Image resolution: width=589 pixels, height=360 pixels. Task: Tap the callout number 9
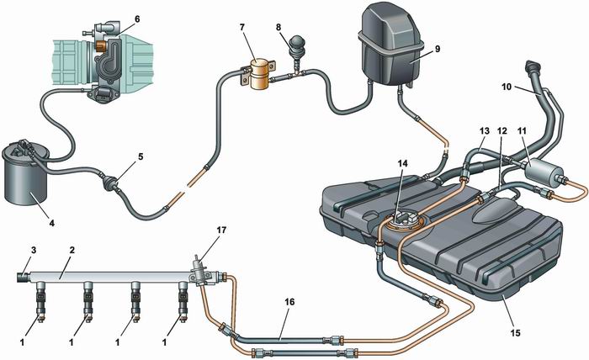[436, 50]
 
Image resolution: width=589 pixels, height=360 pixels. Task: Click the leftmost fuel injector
[40, 304]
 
